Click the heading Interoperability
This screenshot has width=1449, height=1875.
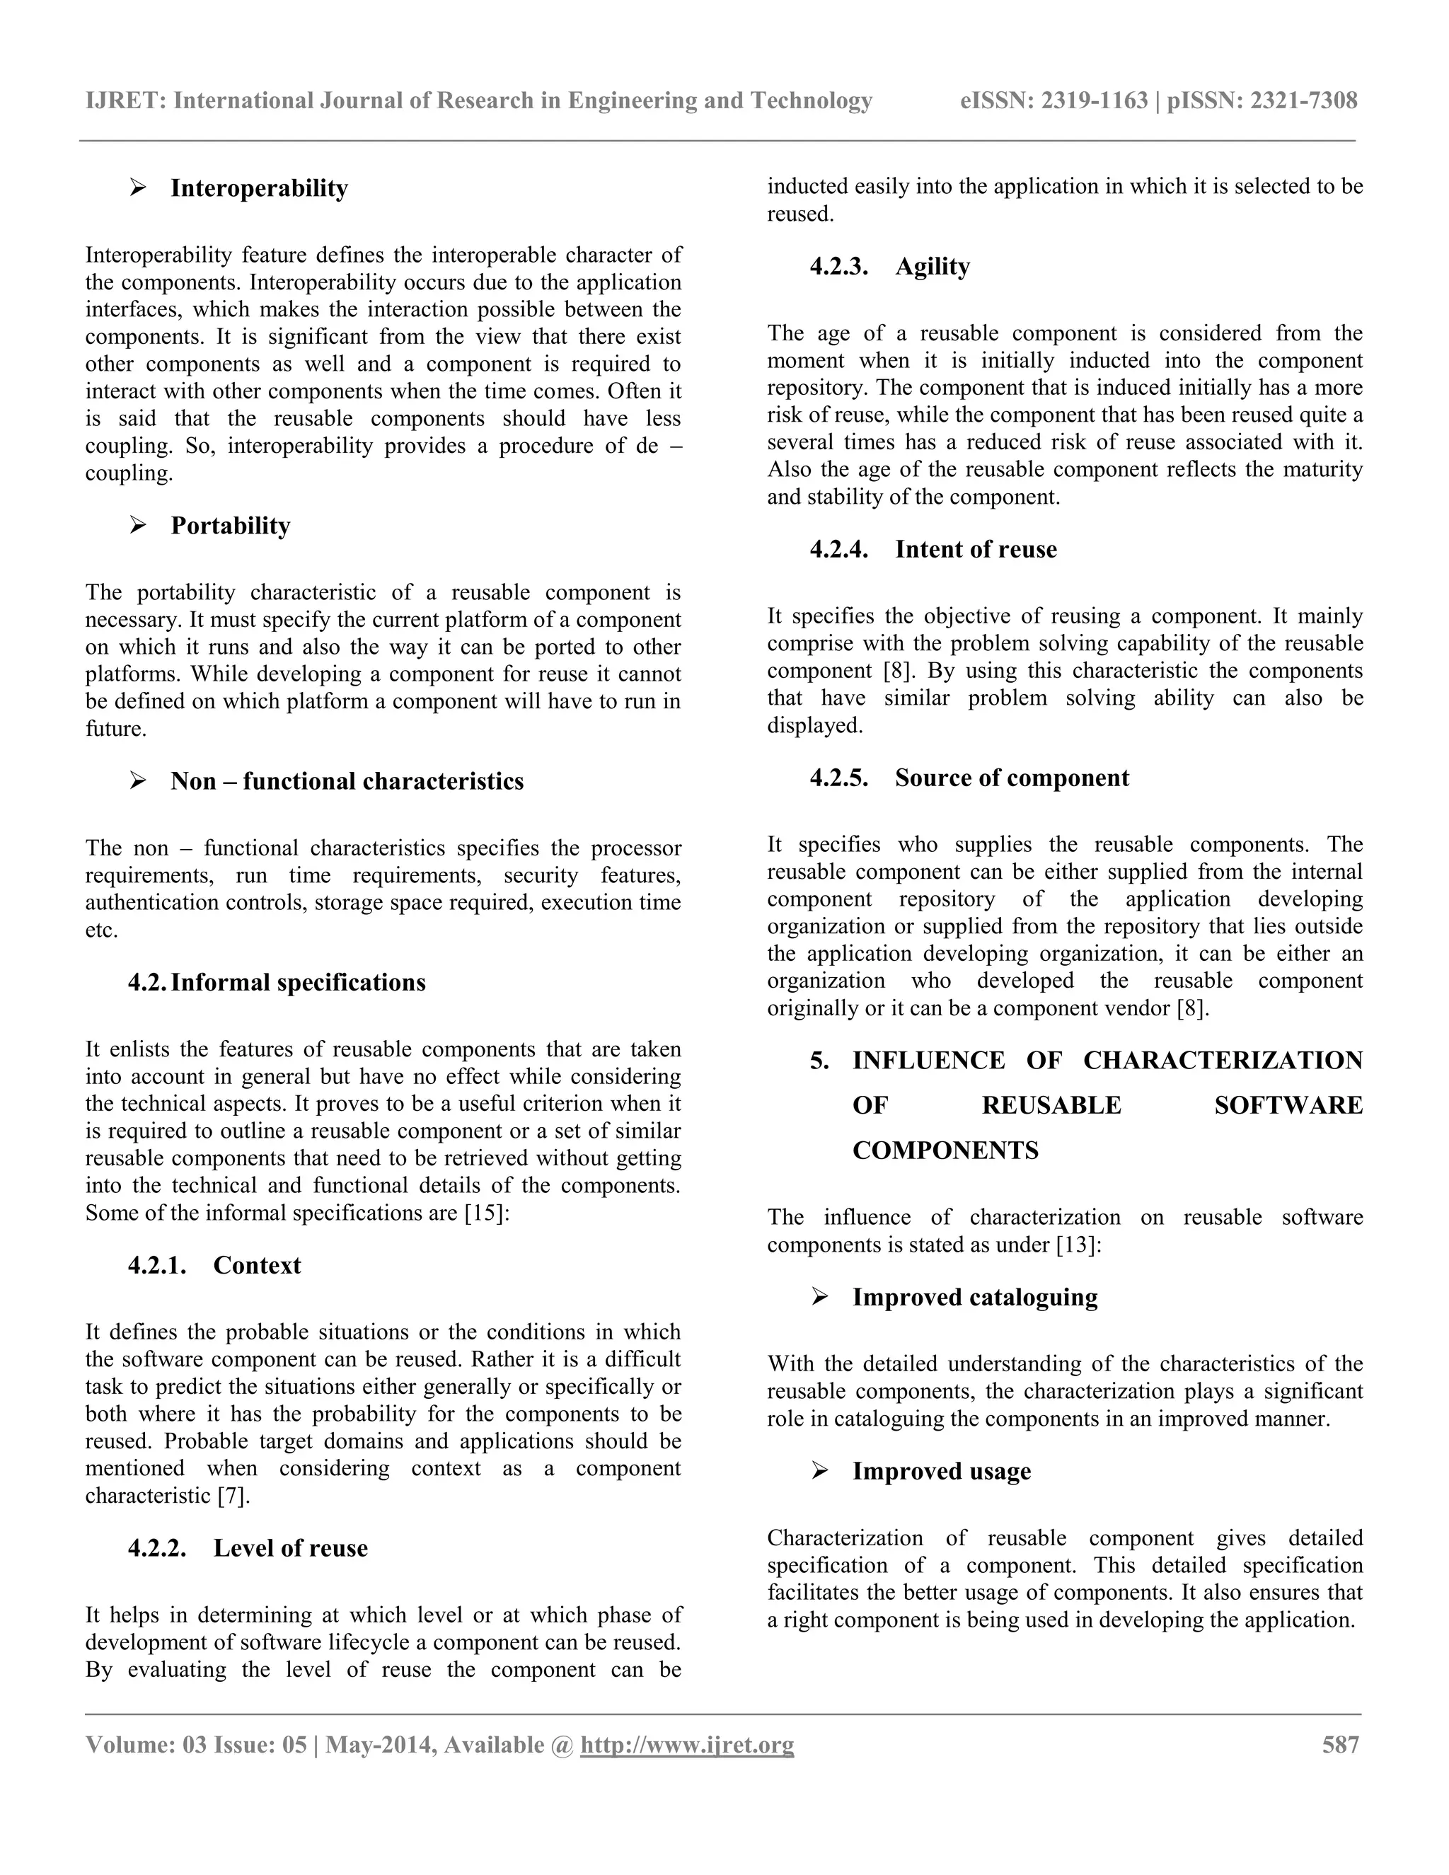click(259, 188)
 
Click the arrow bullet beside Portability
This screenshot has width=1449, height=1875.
click(137, 524)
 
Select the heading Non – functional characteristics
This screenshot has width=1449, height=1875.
click(347, 781)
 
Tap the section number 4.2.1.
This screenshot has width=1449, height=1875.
click(157, 1266)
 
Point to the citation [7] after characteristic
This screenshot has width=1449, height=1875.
click(233, 1496)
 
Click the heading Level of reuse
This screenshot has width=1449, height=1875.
click(290, 1548)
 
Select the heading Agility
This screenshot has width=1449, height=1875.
click(933, 266)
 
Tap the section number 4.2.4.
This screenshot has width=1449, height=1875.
click(838, 550)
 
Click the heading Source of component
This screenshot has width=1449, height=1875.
click(1011, 778)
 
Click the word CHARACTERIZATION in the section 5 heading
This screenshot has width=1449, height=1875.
click(1223, 1061)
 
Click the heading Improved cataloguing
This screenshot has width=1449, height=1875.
click(974, 1297)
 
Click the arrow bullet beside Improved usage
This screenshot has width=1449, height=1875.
click(820, 1471)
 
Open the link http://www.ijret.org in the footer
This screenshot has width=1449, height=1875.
click(687, 1746)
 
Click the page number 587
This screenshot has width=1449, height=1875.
click(1340, 1745)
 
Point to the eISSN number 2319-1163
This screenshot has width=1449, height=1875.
click(1095, 101)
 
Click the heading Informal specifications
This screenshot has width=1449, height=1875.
click(298, 982)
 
